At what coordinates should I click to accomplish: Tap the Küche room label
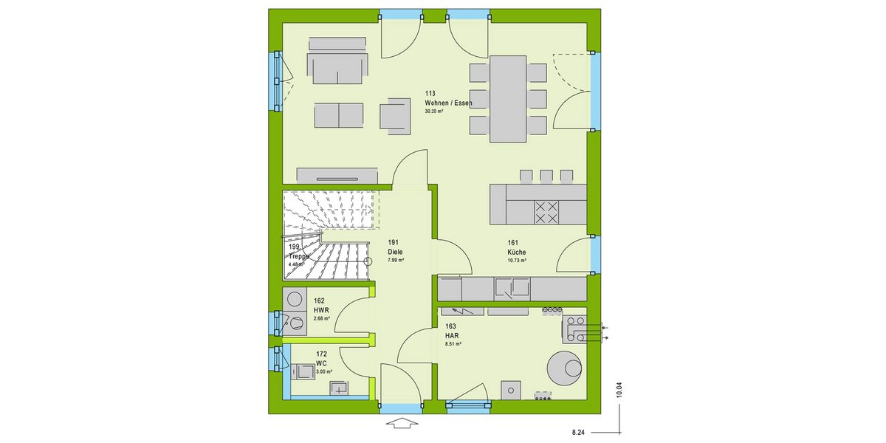pos(516,251)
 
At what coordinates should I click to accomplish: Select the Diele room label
pos(396,251)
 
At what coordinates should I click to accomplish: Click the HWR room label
pos(320,310)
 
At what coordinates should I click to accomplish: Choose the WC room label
pos(321,363)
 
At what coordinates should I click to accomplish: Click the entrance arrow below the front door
pos(400,423)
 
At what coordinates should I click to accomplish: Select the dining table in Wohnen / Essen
pos(507,99)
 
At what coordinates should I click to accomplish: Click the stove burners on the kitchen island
pos(547,213)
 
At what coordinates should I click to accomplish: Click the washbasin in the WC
pos(340,387)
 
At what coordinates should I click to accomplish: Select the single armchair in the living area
pos(396,116)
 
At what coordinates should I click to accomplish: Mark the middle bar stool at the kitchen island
pos(546,176)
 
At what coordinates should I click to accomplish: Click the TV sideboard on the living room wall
pos(337,175)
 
